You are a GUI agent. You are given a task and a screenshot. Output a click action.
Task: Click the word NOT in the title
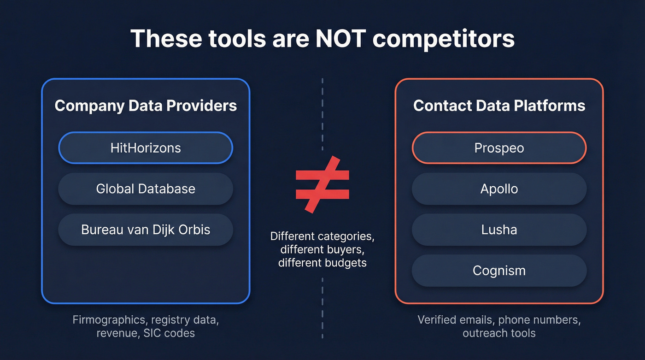[x=340, y=39]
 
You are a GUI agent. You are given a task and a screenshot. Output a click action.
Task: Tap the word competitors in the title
[x=443, y=40]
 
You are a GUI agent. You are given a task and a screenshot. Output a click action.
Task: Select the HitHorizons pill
[x=146, y=148]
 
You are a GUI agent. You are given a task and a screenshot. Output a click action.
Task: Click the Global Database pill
[x=146, y=189]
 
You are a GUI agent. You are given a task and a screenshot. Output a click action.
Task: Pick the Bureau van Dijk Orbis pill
[x=146, y=230]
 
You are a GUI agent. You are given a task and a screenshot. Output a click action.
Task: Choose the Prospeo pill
[x=499, y=148]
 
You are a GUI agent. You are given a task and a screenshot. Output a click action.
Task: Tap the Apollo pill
[x=499, y=189]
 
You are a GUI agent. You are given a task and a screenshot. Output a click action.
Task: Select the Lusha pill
[x=499, y=230]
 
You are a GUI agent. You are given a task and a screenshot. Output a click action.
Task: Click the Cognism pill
[x=499, y=271]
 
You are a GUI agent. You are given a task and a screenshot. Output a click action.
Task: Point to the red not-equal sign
[x=322, y=184]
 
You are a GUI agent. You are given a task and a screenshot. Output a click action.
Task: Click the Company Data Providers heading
[x=146, y=106]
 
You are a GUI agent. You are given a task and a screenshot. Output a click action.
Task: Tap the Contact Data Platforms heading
[x=499, y=106]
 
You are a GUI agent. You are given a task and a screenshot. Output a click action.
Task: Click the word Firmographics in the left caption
[x=109, y=320]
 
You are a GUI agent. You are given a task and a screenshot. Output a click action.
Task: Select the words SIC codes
[x=169, y=333]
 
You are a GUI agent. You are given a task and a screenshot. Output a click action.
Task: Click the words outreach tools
[x=499, y=333]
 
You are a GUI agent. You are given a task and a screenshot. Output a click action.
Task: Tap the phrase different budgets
[x=322, y=263]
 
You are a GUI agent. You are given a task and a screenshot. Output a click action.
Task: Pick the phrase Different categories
[x=322, y=236]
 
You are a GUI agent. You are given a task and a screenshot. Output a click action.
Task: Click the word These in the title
[x=166, y=39]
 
